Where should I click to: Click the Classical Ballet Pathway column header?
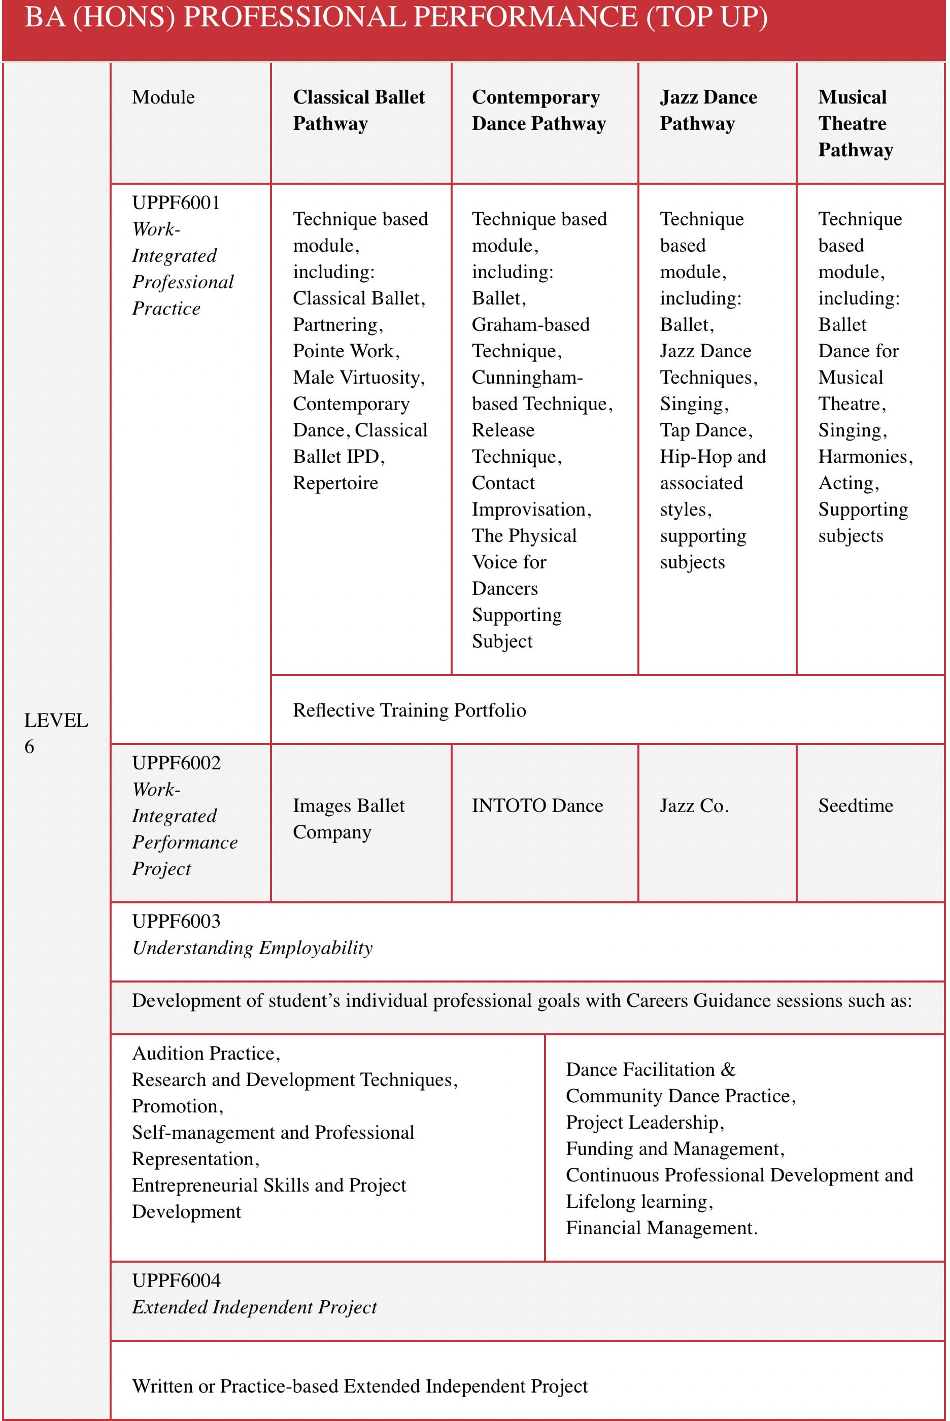coord(359,110)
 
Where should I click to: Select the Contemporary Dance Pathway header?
coord(538,110)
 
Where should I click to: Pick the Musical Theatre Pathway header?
coord(855,123)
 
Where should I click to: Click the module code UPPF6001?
coord(176,203)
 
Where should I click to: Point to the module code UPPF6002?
coord(176,763)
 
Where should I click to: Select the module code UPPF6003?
coord(176,921)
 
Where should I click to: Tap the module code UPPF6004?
coord(176,1280)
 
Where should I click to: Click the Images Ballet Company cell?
coord(348,819)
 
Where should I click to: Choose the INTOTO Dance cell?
coord(537,805)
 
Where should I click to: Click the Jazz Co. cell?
coord(694,805)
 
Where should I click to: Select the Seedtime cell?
coord(856,805)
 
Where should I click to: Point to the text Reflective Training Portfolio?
coord(409,710)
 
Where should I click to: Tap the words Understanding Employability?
coord(252,948)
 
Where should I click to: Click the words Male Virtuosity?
coord(358,378)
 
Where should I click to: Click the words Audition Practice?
coord(206,1054)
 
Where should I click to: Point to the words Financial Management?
coord(661,1228)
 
